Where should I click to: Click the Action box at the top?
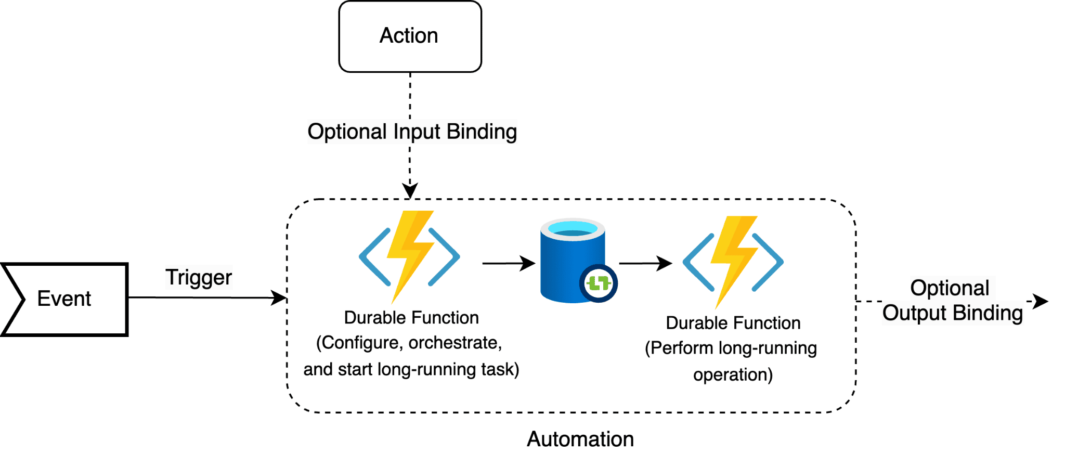(410, 36)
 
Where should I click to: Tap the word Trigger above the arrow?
(198, 277)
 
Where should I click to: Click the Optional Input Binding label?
(412, 132)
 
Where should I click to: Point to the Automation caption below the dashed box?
(580, 439)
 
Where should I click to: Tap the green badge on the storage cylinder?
(598, 283)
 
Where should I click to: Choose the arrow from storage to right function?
(645, 263)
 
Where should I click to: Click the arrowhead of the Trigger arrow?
(280, 298)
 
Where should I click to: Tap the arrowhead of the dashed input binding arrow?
(410, 190)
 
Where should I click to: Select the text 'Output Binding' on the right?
(952, 313)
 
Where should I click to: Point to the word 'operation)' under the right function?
(733, 374)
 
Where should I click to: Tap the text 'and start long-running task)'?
(411, 369)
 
